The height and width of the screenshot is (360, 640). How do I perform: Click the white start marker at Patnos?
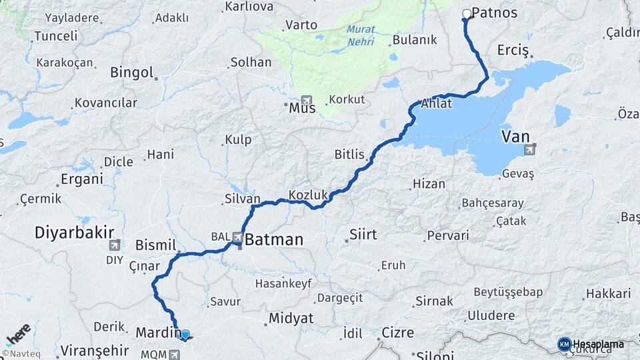[467, 13]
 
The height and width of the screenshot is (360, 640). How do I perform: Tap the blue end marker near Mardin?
[185, 335]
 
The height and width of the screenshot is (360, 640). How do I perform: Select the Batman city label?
[274, 239]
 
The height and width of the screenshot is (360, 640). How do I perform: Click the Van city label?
[515, 137]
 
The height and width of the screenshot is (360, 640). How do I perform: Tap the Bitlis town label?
[349, 155]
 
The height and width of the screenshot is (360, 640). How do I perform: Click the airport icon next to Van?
[530, 150]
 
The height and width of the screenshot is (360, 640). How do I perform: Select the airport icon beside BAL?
[237, 237]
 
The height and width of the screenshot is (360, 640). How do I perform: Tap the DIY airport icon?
[115, 245]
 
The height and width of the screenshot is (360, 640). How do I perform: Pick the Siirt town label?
[363, 235]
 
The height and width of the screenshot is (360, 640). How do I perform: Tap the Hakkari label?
[607, 293]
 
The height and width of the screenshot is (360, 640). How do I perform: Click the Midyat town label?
[291, 319]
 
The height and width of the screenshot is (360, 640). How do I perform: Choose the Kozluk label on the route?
[309, 195]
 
